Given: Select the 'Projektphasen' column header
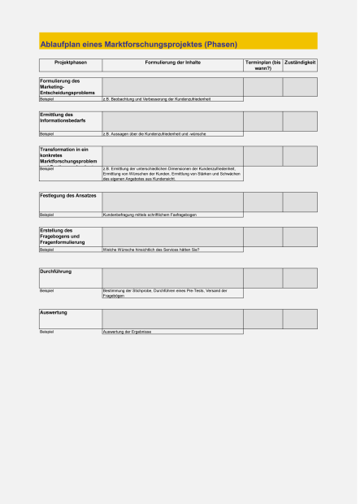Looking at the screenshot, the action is pos(71,62).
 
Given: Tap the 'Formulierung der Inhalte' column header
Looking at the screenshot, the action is pos(172,62).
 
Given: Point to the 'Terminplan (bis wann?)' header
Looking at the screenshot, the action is pos(262,65).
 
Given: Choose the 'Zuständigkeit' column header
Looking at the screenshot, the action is pos(300,62).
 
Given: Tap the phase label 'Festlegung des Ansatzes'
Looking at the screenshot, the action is pos(68,196).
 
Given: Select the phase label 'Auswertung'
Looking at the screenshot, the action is pos(54,313).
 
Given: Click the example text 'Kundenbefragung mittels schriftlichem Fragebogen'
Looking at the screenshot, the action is pos(150,215).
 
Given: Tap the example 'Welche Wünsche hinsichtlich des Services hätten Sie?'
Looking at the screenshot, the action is pos(151,250).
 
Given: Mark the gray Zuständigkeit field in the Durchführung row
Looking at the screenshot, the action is pos(300,278).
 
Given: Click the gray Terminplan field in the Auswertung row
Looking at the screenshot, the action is pos(262,319).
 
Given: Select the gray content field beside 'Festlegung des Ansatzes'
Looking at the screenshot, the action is pos(172,201).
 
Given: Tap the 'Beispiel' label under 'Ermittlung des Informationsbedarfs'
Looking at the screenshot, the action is pos(46,133).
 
